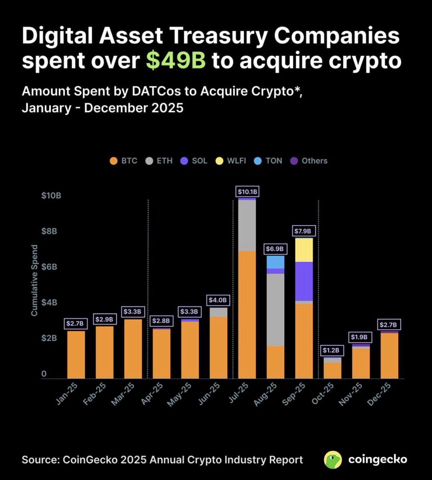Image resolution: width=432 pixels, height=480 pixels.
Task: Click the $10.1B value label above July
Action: [247, 192]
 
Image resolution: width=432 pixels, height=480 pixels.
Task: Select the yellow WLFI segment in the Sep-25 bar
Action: [304, 250]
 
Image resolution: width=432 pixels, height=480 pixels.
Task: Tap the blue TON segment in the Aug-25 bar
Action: [275, 262]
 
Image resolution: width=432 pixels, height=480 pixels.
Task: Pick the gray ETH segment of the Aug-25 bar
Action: [275, 310]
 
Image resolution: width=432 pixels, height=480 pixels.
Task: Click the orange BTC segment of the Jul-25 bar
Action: [247, 314]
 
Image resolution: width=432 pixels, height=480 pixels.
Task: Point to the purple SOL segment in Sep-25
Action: [304, 281]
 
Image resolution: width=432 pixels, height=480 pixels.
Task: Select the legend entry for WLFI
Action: [236, 161]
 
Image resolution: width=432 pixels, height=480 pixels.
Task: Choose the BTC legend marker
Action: [113, 161]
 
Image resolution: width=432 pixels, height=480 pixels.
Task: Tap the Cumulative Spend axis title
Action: [34, 280]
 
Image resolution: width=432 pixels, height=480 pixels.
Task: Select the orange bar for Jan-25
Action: [76, 354]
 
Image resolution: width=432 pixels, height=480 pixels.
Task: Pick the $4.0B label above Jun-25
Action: [218, 300]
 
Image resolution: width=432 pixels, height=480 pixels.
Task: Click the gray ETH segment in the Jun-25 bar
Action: [218, 312]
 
